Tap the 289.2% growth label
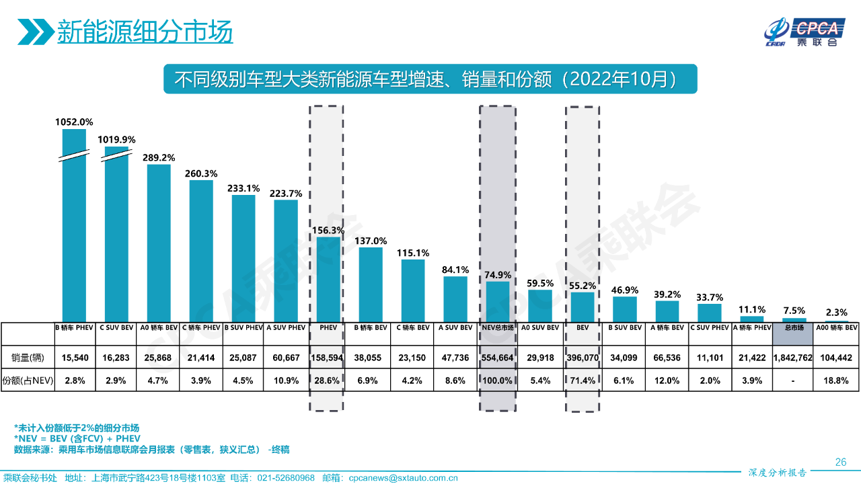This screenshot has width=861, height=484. coord(159,157)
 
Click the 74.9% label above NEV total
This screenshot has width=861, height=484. coord(498,275)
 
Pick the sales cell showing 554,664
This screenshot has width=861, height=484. coord(498,358)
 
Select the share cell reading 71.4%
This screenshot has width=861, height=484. coord(583,380)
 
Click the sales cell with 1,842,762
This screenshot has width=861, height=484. coord(794,358)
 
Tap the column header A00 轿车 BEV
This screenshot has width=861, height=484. coord(837,328)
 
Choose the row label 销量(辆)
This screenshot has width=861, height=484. coord(28,358)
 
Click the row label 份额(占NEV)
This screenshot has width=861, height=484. coord(28,380)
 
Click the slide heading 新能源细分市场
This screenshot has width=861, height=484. coord(145,31)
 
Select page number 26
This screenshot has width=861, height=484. coord(840,462)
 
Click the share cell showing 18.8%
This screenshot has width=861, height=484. coord(837,380)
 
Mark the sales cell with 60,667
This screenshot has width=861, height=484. coord(285,358)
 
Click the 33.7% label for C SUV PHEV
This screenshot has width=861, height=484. coord(709,297)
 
